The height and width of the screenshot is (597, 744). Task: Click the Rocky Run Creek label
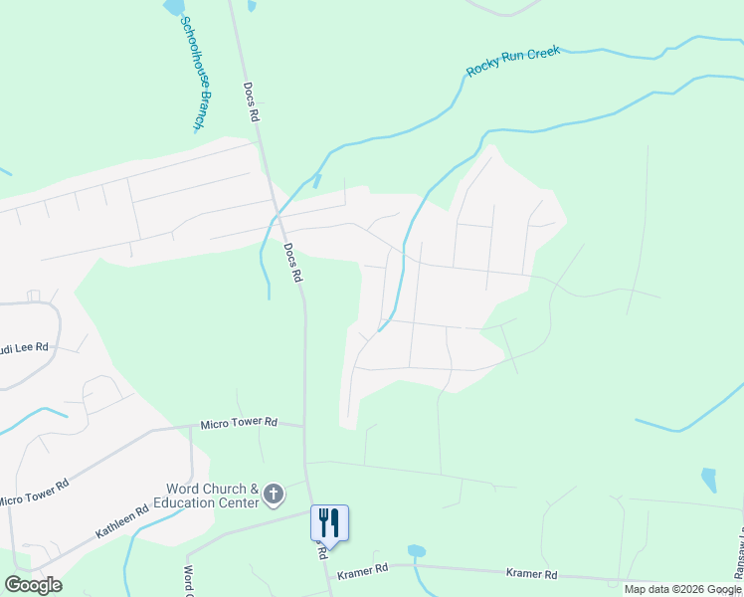click(x=512, y=61)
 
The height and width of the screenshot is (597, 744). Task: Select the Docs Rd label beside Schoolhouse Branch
click(x=253, y=101)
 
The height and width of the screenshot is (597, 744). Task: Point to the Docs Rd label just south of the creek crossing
click(x=291, y=264)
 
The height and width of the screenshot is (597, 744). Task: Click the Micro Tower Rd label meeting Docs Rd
click(x=239, y=422)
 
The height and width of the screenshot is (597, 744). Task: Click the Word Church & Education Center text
click(x=212, y=496)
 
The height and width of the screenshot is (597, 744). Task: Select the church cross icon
click(x=275, y=495)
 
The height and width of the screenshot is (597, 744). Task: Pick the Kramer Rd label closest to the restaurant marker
click(x=361, y=574)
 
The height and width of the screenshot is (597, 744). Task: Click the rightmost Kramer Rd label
click(x=531, y=574)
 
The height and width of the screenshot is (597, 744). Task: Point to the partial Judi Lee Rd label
click(x=24, y=348)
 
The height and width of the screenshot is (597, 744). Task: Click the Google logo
click(x=33, y=585)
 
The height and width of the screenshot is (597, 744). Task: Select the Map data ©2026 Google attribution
click(x=682, y=589)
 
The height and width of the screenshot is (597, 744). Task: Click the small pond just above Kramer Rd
click(x=417, y=550)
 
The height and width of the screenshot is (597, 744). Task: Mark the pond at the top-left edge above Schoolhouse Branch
click(x=174, y=6)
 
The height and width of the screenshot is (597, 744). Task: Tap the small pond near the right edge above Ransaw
click(x=708, y=480)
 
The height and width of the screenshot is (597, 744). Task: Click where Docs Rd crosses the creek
click(x=277, y=214)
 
